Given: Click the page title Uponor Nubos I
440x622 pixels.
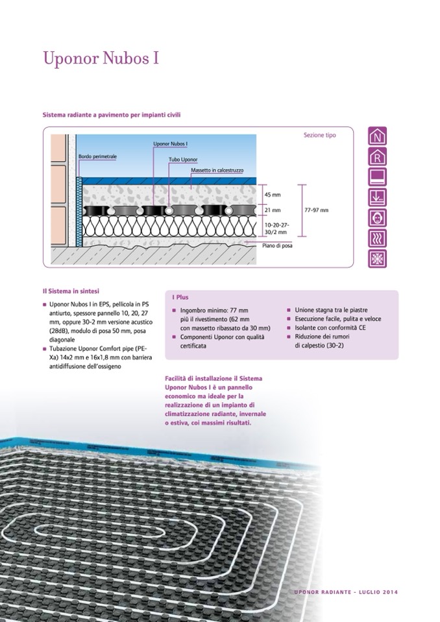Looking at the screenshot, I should pos(101,58).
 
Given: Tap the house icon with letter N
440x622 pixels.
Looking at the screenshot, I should pos(377,136).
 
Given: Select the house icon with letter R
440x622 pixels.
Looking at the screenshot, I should pos(377,156).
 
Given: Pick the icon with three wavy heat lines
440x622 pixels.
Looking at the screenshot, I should pos(377,238).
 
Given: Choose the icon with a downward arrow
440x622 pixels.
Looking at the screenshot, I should pos(377,197).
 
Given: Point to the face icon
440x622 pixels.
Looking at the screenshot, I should pos(377,218).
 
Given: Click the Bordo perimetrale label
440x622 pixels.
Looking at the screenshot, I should pos(97,157).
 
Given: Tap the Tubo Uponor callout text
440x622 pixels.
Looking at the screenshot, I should pos(183,160).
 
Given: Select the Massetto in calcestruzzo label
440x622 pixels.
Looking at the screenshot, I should pos(217,170).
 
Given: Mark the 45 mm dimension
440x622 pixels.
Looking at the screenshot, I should pos(273,195).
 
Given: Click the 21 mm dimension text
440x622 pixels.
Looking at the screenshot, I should pos(273,210).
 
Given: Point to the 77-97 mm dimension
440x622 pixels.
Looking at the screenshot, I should pos(317,210).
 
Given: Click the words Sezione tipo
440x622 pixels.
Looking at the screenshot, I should pos(320,136).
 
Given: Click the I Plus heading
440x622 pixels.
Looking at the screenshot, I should pos(180,297).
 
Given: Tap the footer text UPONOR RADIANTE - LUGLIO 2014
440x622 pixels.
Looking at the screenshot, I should pos(345,592).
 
